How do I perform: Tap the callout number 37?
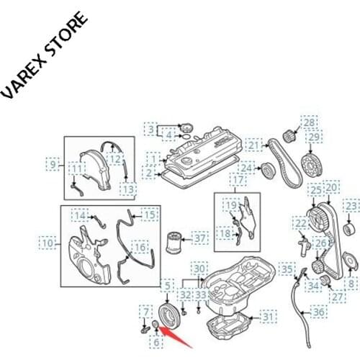point(199,237)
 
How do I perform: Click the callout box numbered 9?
point(52,164)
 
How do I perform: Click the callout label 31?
point(267,315)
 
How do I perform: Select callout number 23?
point(351,207)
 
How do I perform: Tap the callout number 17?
point(236,179)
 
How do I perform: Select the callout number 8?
point(351,284)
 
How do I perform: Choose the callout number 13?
point(127,189)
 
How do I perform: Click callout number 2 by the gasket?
point(149,173)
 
